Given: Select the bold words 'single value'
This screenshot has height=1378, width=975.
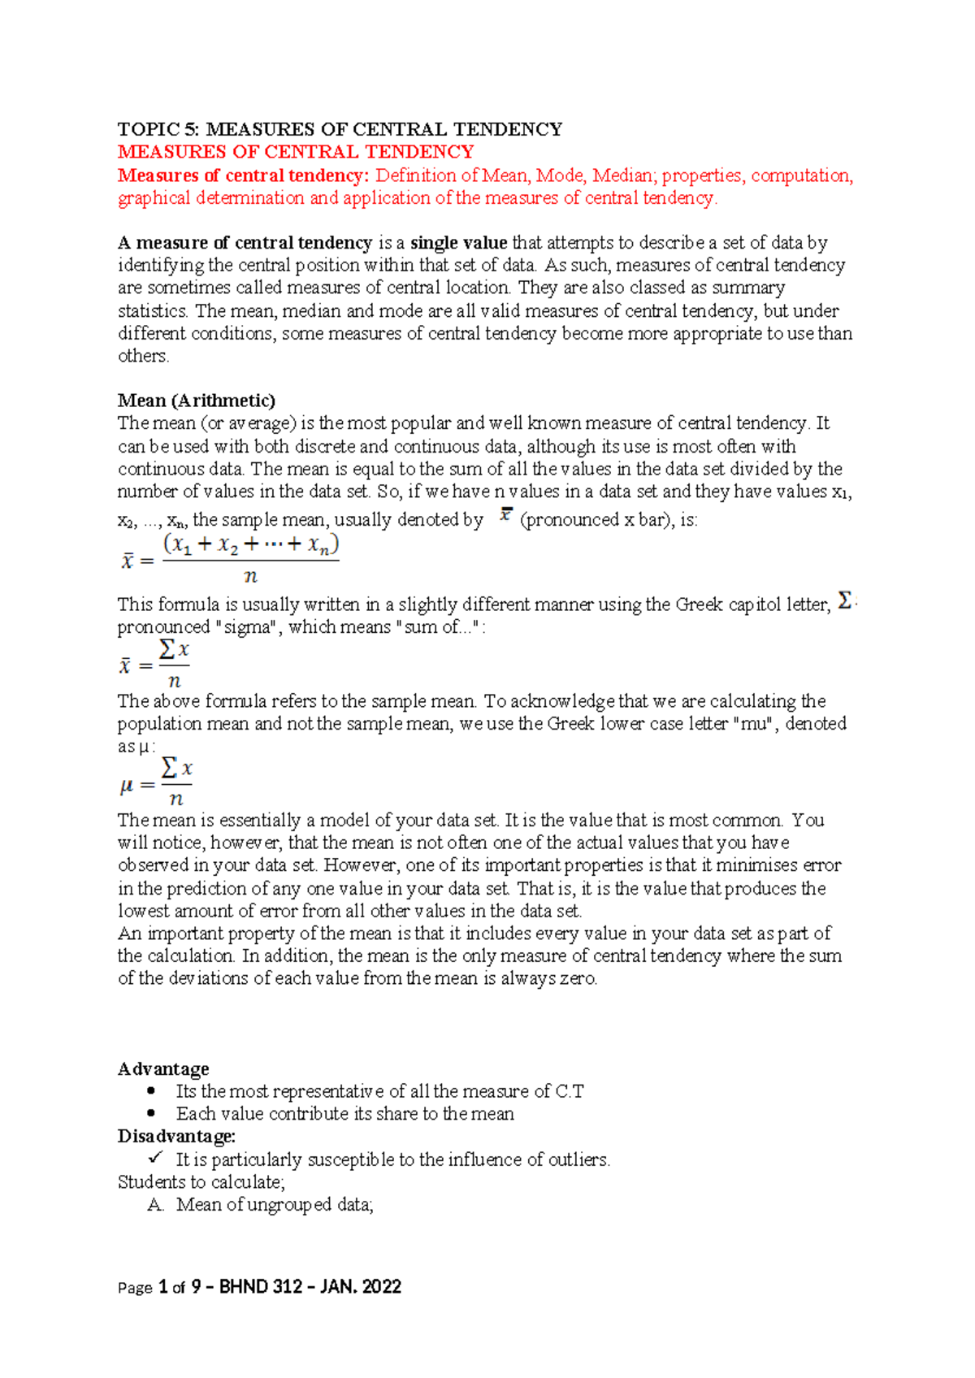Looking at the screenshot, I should [458, 242].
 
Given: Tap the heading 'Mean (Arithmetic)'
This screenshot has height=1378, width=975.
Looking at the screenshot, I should [197, 401].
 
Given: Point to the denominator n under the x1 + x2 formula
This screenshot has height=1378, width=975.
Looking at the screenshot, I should [250, 577].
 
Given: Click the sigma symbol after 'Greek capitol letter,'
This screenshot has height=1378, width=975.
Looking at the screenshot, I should [845, 601].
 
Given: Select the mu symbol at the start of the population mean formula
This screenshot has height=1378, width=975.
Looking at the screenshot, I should [126, 786].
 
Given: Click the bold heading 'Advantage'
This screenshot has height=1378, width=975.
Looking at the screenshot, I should [163, 1068].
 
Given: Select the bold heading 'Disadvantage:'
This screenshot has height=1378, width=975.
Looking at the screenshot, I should [176, 1136].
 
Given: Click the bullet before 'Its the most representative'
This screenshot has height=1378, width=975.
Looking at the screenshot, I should [151, 1091].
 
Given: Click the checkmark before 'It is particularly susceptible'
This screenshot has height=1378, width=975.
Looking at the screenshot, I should [156, 1157].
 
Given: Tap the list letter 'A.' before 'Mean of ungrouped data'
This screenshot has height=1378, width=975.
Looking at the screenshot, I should [156, 1205].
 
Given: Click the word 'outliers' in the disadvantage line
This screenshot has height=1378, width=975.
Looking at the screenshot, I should [577, 1159].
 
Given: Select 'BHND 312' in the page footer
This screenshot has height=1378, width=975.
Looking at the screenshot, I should [260, 1287].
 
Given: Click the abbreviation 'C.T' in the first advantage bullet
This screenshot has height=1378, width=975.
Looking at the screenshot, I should [569, 1091].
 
